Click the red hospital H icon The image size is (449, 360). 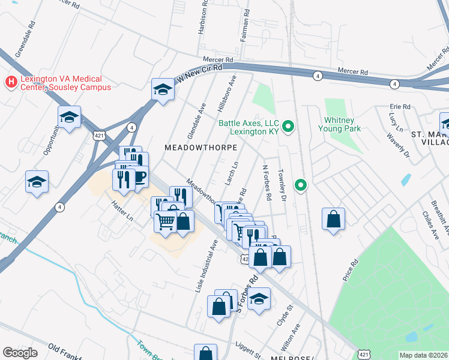click(x=10, y=81)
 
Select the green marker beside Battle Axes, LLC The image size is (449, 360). click(x=288, y=126)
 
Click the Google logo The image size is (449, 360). click(x=20, y=352)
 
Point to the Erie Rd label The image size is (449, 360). click(x=399, y=107)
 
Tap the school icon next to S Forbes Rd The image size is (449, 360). click(x=259, y=299)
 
